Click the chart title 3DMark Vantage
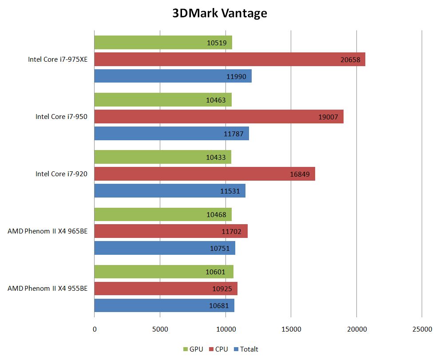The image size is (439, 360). pyautogui.click(x=220, y=13)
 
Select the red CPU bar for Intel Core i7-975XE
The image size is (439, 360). pyautogui.click(x=229, y=59)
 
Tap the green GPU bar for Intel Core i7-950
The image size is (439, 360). pyautogui.click(x=163, y=100)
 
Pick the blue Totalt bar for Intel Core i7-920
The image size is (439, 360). pyautogui.click(x=170, y=191)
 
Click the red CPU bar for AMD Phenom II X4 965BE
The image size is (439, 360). pyautogui.click(x=171, y=231)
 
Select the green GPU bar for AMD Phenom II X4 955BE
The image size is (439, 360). pyautogui.click(x=164, y=272)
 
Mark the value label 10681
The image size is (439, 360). pyautogui.click(x=219, y=305)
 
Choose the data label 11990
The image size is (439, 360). pyautogui.click(x=237, y=76)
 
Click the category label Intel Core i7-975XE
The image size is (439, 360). pyautogui.click(x=58, y=59)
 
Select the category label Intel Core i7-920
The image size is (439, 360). pyautogui.click(x=61, y=174)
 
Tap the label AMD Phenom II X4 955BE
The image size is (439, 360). pyautogui.click(x=47, y=289)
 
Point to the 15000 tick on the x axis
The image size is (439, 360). pyautogui.click(x=291, y=329)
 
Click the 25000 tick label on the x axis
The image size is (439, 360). pyautogui.click(x=422, y=329)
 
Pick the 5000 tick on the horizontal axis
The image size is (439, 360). pyautogui.click(x=160, y=329)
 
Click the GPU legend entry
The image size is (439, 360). pyautogui.click(x=193, y=349)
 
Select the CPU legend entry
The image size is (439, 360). pyautogui.click(x=218, y=349)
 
